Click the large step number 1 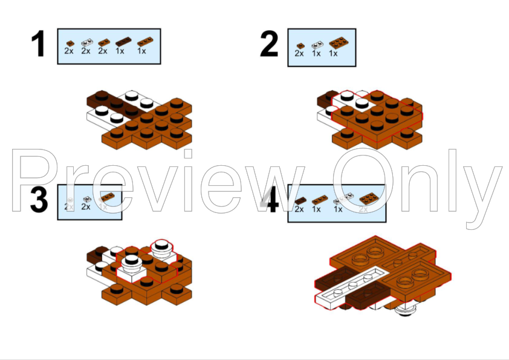[x=38, y=45]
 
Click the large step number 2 [x=270, y=45]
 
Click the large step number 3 [x=39, y=201]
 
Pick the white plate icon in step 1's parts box [x=86, y=43]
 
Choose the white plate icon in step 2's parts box [x=316, y=44]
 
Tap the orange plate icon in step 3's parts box [x=106, y=198]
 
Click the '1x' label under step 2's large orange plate [x=333, y=54]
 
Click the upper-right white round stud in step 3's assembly [x=161, y=246]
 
